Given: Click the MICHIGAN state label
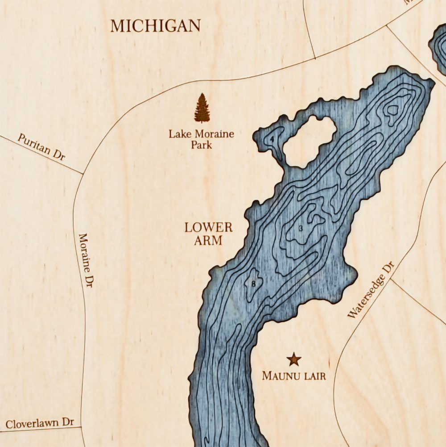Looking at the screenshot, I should [156, 25].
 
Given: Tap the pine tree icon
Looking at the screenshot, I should [202, 108].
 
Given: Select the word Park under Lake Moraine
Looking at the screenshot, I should [201, 145].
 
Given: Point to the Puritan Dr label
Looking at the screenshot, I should [41, 147].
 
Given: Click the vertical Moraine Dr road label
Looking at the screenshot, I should [86, 260].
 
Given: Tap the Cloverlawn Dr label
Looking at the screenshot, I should [40, 422].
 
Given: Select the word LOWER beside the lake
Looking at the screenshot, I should [209, 227].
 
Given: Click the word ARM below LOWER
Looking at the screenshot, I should [208, 241].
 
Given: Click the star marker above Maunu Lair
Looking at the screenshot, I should [294, 359].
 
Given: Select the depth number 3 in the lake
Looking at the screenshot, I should [301, 229].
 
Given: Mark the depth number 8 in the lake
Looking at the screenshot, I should [253, 284].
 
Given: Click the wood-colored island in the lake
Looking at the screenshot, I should [310, 141].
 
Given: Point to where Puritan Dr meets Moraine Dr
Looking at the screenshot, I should [83, 173].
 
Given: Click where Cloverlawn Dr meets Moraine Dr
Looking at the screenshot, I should [82, 427].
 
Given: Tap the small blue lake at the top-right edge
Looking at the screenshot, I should [438, 47].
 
